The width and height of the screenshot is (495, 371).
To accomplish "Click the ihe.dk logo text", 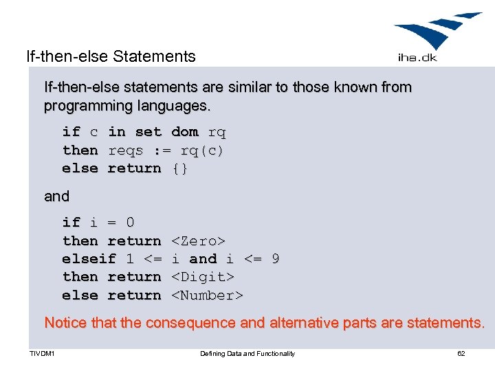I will [417, 57].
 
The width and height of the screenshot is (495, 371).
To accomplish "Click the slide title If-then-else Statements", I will [111, 56].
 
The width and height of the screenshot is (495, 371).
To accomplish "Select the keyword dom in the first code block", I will [184, 132].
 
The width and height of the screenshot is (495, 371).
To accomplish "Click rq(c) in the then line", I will [202, 150].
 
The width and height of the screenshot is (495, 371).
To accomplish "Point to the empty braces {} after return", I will [179, 168].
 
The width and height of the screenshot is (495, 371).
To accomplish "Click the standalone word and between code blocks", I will [56, 196].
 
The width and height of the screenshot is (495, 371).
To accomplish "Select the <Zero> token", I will [198, 241].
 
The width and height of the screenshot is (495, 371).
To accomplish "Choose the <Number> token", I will [207, 295].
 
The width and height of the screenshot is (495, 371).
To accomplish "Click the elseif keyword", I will [89, 259].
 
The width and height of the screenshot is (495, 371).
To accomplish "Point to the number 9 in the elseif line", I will [275, 259].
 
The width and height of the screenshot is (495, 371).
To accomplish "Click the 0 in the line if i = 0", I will [130, 223].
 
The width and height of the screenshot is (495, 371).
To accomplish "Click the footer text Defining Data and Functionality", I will [247, 354].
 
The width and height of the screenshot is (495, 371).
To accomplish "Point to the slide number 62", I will [461, 354].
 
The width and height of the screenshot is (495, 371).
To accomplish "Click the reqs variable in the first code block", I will [125, 150].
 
